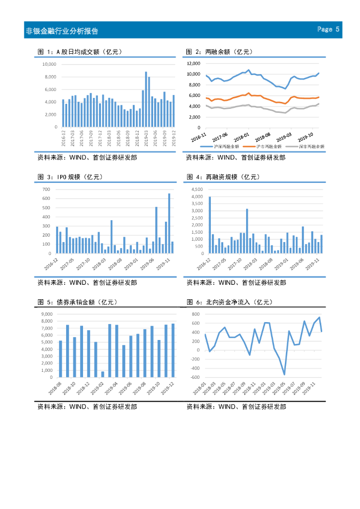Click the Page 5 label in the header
coord(329,29)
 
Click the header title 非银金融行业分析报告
coord(62,31)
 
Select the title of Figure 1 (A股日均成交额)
coord(80,52)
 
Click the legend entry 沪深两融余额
coord(224,147)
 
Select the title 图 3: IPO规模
coord(69,177)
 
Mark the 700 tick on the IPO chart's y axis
coord(47,189)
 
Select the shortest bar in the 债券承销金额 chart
coord(103,374)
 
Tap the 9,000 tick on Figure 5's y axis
coord(46,314)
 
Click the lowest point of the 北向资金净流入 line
coord(284,374)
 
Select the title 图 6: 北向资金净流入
coord(228,302)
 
